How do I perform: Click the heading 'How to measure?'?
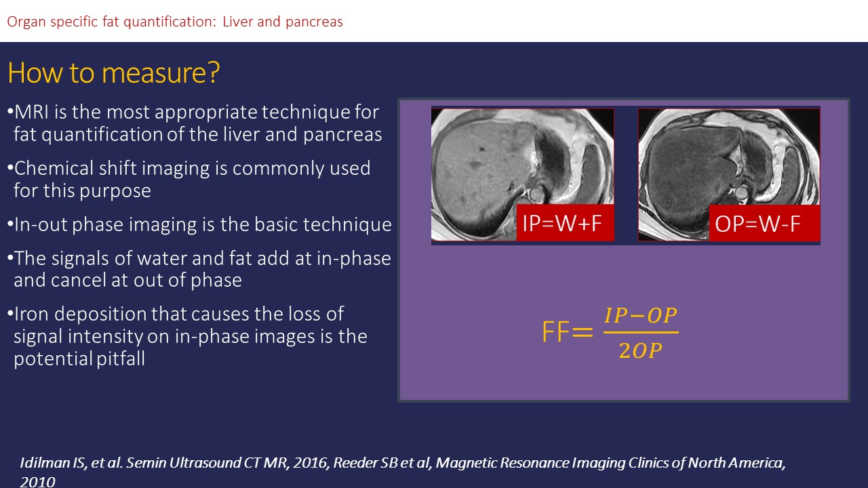pyautogui.click(x=113, y=73)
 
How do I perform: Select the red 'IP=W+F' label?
pyautogui.click(x=565, y=223)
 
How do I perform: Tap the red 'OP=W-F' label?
pyautogui.click(x=764, y=223)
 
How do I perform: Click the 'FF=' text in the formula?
pyautogui.click(x=568, y=331)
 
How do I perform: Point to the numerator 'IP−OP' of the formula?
pyautogui.click(x=641, y=315)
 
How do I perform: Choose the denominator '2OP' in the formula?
pyautogui.click(x=641, y=351)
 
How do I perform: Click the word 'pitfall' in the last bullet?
pyautogui.click(x=121, y=359)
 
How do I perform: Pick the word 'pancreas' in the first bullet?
pyautogui.click(x=342, y=135)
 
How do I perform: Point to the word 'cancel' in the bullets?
pyautogui.click(x=79, y=280)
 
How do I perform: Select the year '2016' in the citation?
pyautogui.click(x=310, y=463)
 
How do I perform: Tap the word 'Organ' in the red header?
pyautogui.click(x=26, y=22)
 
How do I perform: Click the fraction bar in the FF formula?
pyautogui.click(x=641, y=332)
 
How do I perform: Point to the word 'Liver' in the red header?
pyautogui.click(x=238, y=22)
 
